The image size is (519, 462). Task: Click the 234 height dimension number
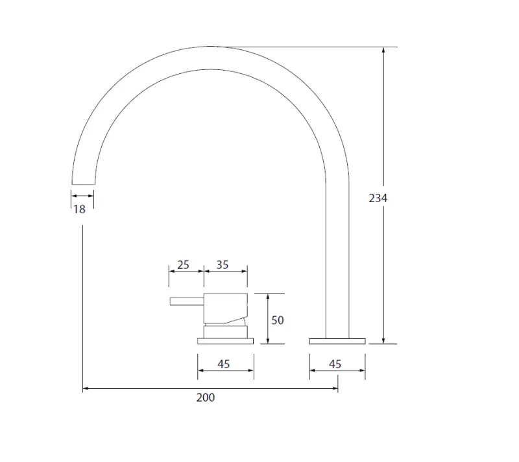point(378,198)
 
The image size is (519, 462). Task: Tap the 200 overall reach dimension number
point(205,397)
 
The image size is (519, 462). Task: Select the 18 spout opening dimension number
point(78,209)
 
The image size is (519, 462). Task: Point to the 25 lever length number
point(183,265)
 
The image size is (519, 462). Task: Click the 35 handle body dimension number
point(223,265)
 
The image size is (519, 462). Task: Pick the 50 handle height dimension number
point(278,320)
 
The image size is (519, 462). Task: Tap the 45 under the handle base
point(224,364)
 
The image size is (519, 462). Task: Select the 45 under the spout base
point(335,364)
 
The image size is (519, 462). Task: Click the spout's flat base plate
point(337,341)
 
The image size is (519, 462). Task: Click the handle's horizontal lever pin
point(187,301)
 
